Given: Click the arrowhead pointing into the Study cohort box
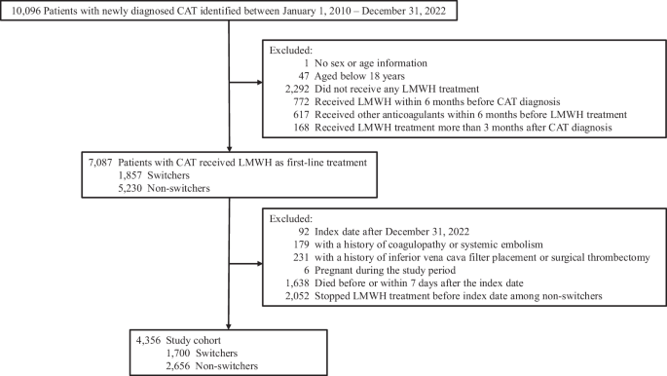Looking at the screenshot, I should [227, 328].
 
